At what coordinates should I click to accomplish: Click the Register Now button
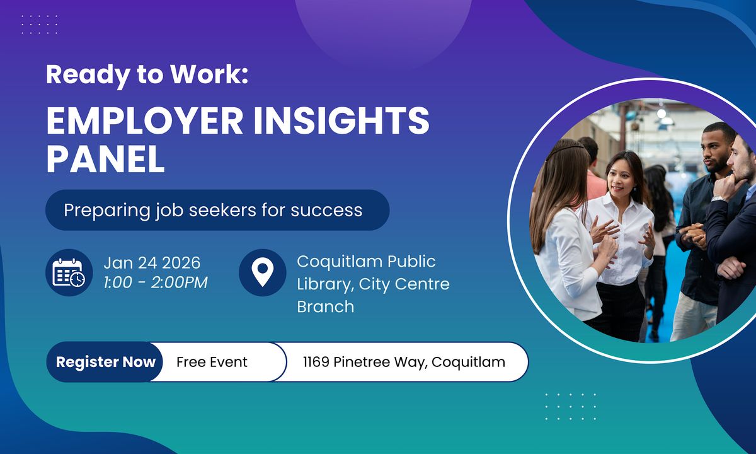[x=105, y=362]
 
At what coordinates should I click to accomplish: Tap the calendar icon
[x=69, y=272]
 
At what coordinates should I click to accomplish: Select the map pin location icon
[x=262, y=272]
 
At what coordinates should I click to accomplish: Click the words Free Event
[x=212, y=362]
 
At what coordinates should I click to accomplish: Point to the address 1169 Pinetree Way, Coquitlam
[x=404, y=362]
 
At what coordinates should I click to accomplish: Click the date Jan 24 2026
[x=152, y=262]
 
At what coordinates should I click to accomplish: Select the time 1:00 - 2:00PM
[x=156, y=282]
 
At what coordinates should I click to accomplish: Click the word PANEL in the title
[x=105, y=161]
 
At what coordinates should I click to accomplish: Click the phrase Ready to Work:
[x=147, y=75]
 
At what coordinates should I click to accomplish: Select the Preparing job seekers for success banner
[x=217, y=210]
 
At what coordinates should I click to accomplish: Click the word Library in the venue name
[x=324, y=284]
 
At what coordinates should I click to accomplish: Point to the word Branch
[x=325, y=306]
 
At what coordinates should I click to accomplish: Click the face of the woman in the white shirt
[x=621, y=178]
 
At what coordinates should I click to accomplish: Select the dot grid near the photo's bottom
[x=570, y=406]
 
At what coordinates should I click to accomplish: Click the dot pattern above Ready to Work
[x=39, y=25]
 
